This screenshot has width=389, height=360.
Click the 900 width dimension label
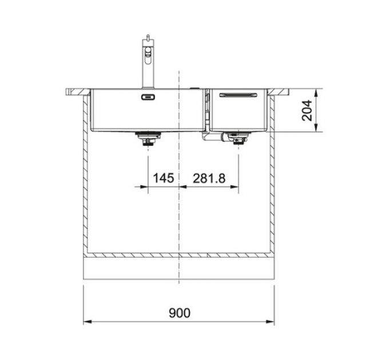(179, 313)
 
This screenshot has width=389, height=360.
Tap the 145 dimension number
(163, 178)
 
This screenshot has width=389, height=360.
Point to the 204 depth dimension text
(308, 110)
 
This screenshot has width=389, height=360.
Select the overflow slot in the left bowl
(147, 97)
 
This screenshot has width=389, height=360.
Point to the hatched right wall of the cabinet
(273, 171)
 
